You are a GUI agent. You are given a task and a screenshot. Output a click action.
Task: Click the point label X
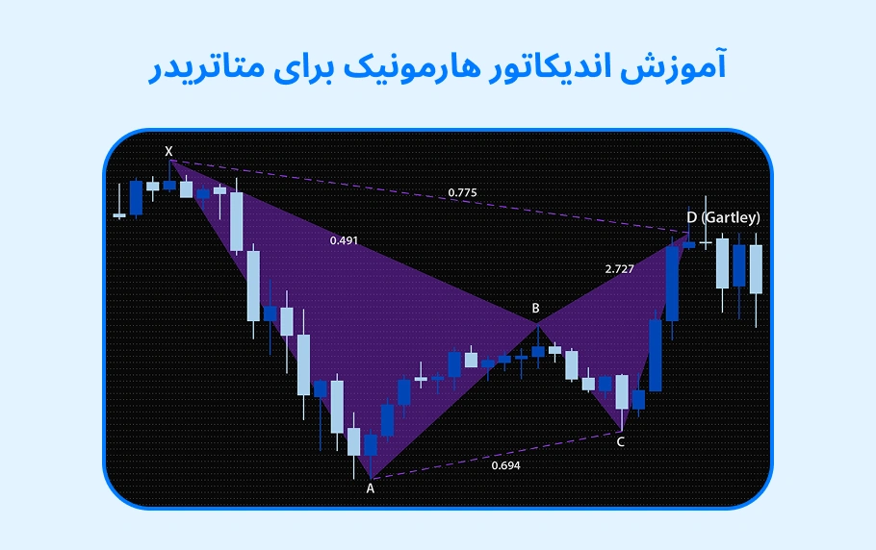point(169,151)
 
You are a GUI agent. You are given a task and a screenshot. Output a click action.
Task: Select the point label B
point(535,309)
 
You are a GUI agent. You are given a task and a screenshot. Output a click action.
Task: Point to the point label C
point(620,442)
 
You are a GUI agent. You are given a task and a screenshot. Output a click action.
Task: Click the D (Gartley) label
point(723,217)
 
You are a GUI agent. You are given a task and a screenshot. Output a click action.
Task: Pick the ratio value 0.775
point(462,193)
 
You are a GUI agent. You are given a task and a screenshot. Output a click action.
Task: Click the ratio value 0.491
point(344,240)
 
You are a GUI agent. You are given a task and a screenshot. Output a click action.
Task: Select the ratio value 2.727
point(619,269)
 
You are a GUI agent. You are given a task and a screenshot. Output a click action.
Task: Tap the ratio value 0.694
point(505,465)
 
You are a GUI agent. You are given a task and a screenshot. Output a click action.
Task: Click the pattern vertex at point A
point(371,478)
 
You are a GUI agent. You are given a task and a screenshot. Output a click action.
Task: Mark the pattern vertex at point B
point(537,325)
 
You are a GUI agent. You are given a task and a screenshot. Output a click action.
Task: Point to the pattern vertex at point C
point(622,430)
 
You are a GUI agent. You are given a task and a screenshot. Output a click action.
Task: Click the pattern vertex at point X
point(170,161)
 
